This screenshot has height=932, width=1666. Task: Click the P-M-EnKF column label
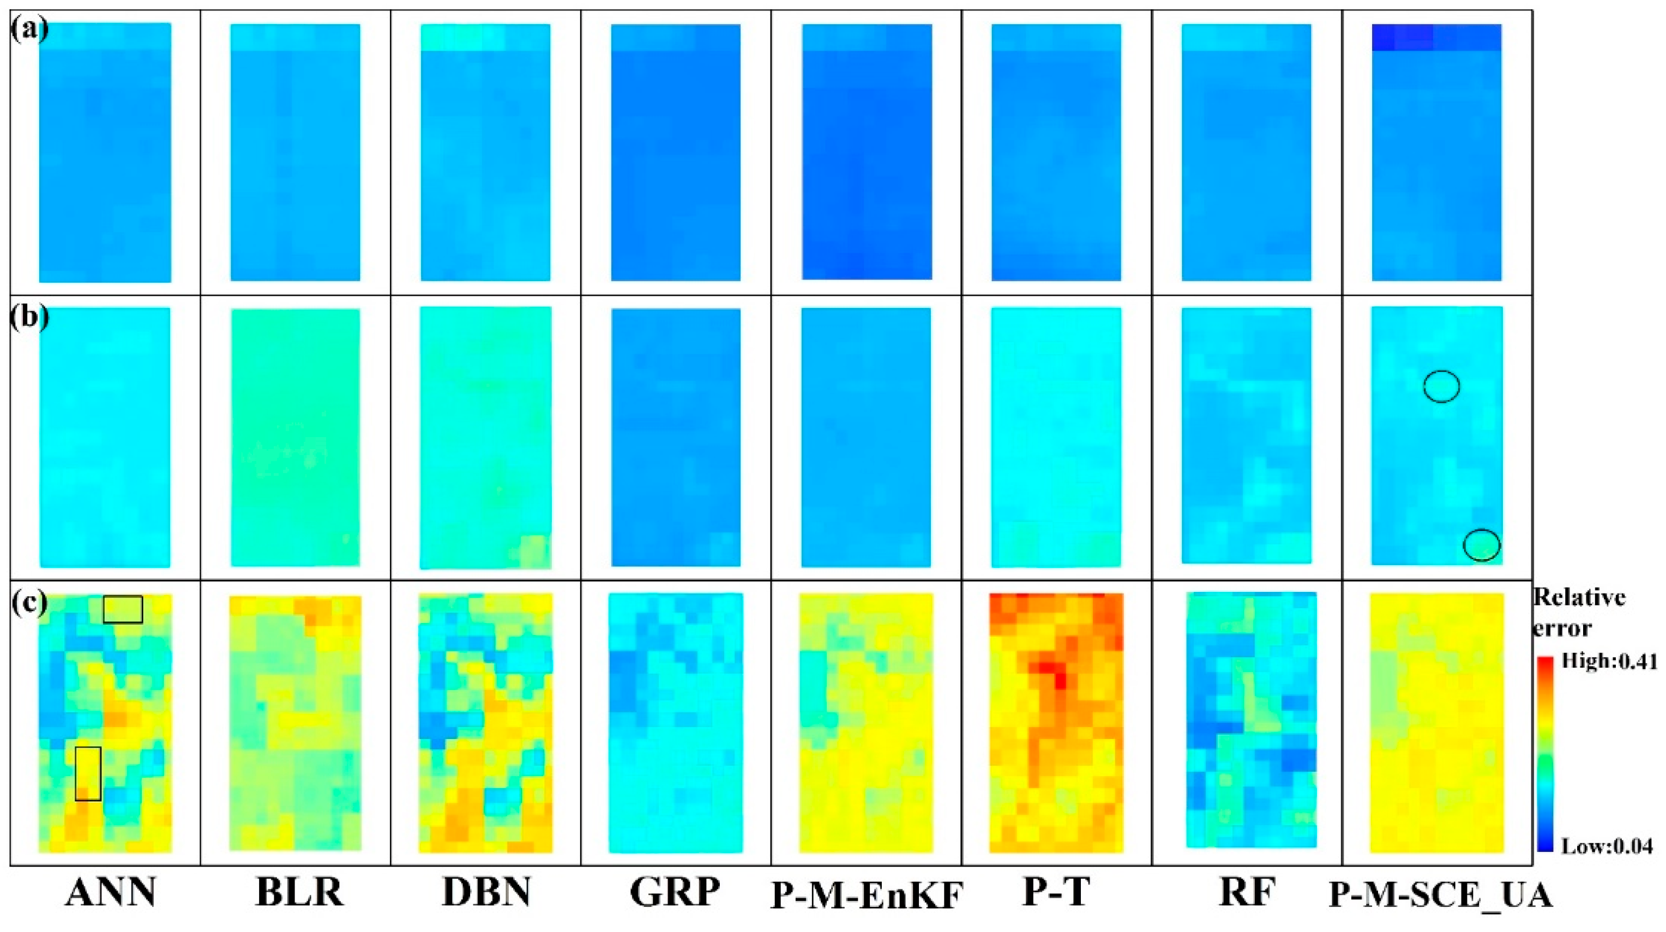[x=867, y=895]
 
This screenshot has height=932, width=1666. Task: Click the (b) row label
[x=29, y=317]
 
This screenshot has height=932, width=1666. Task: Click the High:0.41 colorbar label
[x=1608, y=661]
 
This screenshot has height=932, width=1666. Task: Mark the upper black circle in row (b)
[x=1441, y=386]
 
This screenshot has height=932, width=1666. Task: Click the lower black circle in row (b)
[x=1482, y=545]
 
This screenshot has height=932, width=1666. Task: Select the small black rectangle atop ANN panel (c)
[x=123, y=609]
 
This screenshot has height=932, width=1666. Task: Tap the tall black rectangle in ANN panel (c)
[x=88, y=773]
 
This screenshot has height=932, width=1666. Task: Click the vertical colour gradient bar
[x=1544, y=753]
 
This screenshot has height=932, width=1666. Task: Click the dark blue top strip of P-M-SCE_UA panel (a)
[x=1436, y=38]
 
